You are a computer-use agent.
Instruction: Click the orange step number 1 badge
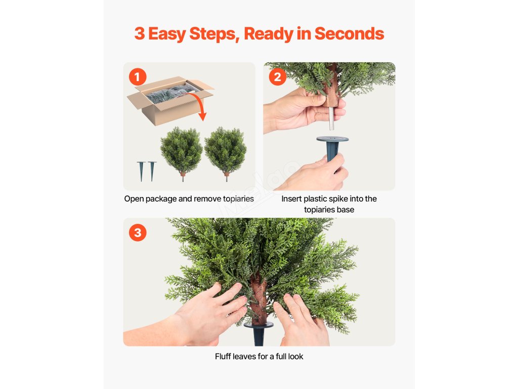coord(138,77)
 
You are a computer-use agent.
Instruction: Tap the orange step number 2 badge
coord(278,77)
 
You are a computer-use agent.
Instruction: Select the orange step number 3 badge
coord(138,232)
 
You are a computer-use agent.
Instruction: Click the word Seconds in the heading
coord(349,33)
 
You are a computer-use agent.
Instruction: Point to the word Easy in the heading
coord(167,34)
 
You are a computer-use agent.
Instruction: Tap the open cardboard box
coord(170,101)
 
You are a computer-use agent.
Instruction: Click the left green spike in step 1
coord(141,171)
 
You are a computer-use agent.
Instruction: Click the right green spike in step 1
coord(152,171)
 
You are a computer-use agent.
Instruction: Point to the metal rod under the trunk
coord(331,119)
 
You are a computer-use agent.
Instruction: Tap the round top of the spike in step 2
coord(332,139)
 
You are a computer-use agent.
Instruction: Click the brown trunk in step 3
coord(258,298)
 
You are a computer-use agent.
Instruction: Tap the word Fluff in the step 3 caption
coord(223,356)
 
